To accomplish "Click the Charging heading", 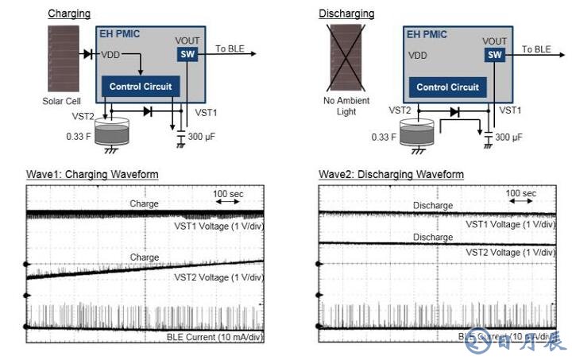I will (x=69, y=14).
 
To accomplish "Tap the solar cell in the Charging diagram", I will (x=62, y=60).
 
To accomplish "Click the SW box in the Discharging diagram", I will (x=495, y=54).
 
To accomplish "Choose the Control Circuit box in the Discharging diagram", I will (x=447, y=87).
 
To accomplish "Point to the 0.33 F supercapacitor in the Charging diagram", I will (x=110, y=134).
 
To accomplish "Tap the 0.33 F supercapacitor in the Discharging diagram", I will (x=417, y=134).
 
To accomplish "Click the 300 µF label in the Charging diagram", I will (x=201, y=137).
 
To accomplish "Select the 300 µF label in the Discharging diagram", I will (x=508, y=137).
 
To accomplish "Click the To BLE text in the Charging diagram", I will (x=231, y=49).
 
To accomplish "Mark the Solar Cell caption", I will (x=62, y=102).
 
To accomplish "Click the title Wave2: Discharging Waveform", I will (x=391, y=174).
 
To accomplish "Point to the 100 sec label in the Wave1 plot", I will (x=227, y=193).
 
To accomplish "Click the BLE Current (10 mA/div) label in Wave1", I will (x=214, y=337).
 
